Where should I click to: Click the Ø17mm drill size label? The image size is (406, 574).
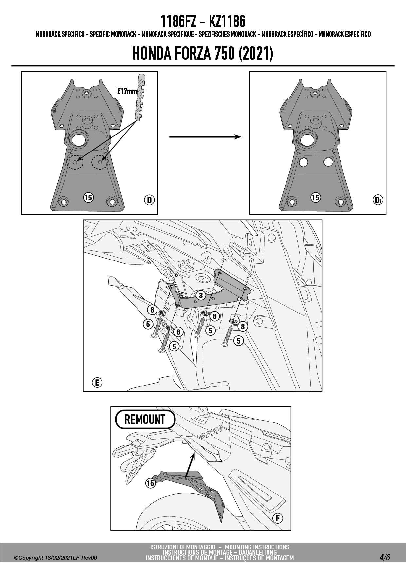[127, 91]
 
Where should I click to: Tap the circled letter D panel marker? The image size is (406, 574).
[149, 200]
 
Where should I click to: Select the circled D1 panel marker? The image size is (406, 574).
[378, 200]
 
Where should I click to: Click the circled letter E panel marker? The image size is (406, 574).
[97, 382]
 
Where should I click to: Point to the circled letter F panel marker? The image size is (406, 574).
[278, 518]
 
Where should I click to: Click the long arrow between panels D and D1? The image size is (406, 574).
[205, 137]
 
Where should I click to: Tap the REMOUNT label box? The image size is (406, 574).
[145, 419]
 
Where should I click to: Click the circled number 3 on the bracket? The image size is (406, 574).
[201, 296]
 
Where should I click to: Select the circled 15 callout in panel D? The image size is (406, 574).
[88, 197]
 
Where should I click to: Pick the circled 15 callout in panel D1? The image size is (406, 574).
[315, 197]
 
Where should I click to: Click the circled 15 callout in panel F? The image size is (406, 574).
[150, 483]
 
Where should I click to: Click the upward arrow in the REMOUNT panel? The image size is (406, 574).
[190, 465]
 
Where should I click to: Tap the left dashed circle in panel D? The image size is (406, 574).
[75, 162]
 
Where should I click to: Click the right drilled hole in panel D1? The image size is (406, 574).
[328, 162]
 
